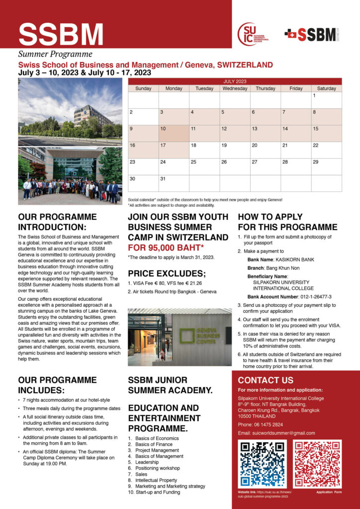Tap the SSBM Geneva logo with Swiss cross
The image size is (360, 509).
click(312, 34)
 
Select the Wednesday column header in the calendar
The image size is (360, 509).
click(235, 88)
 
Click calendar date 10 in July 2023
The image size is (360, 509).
click(174, 133)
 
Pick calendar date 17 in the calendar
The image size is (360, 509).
click(174, 150)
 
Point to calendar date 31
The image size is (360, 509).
click(174, 182)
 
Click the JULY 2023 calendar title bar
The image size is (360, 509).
click(235, 81)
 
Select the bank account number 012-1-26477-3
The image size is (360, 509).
click(289, 296)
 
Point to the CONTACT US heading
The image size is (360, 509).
click(266, 380)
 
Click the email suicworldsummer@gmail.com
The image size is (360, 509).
click(276, 433)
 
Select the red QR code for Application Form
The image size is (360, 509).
click(317, 464)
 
